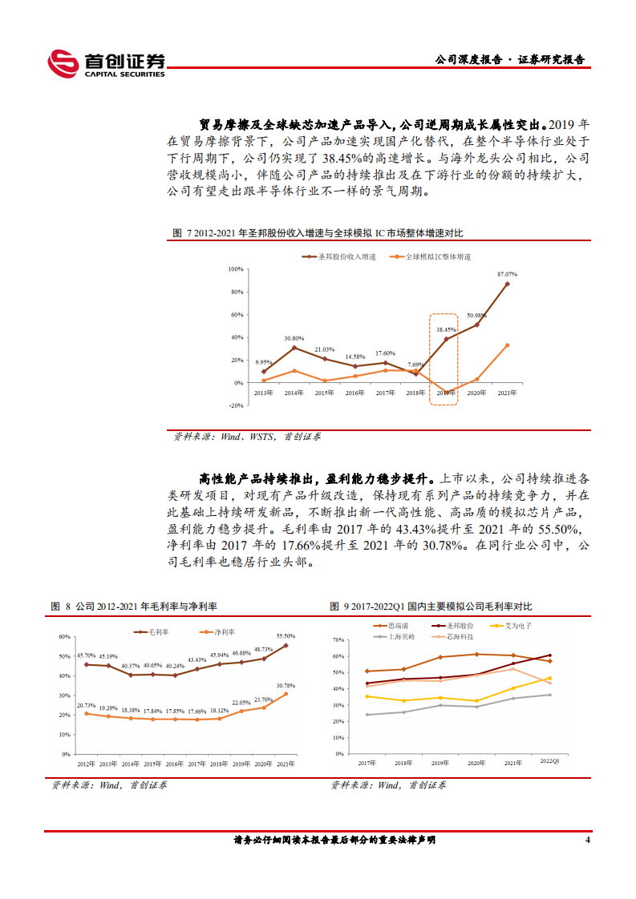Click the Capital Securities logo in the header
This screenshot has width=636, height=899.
coord(106,63)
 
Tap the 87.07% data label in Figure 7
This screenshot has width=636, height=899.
coord(506,274)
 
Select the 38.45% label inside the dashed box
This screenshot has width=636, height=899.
coord(445,329)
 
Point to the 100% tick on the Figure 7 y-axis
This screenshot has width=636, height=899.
coord(236,269)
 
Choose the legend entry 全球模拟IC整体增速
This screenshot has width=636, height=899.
coord(432,256)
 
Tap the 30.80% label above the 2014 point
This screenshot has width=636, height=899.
coord(294,339)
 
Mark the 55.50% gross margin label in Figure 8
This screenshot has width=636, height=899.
coord(286,635)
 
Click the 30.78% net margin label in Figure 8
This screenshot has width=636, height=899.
coord(286,685)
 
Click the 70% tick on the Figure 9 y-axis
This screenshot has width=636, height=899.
coord(338,640)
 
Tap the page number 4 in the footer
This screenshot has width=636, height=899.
coord(588,841)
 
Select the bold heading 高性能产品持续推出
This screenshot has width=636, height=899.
coord(253,478)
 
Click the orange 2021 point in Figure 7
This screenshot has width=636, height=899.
coord(507,345)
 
